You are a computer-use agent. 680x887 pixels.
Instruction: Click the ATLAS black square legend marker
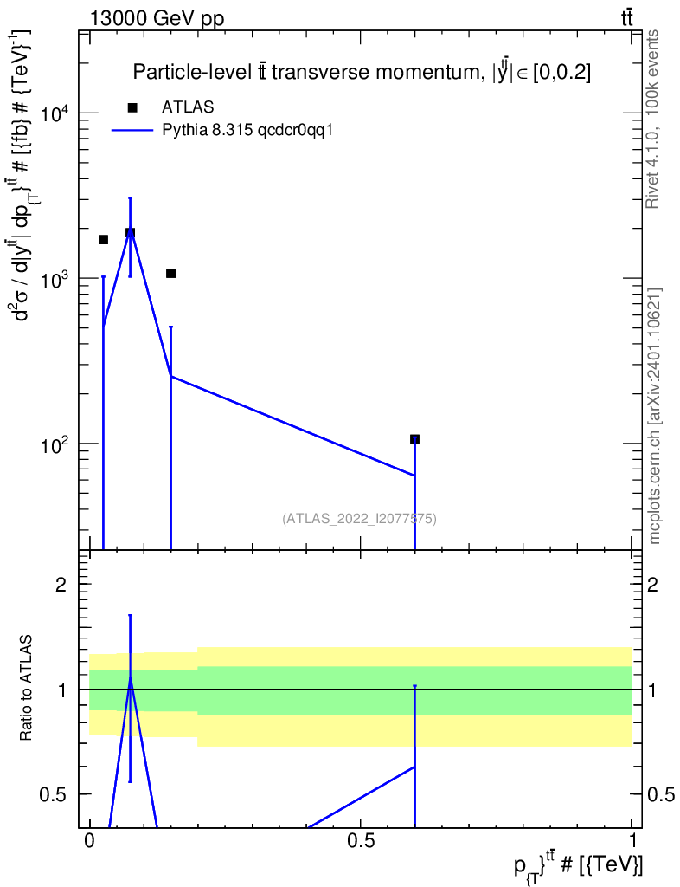[x=132, y=107]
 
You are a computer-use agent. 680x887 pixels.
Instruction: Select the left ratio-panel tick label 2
[x=61, y=585]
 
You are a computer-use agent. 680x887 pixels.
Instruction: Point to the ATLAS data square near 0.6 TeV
[x=414, y=439]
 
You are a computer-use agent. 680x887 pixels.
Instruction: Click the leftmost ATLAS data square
[x=103, y=240]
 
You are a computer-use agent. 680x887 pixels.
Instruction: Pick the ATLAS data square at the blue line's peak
[x=130, y=233]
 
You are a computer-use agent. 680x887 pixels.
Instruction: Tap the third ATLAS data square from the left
[x=170, y=274]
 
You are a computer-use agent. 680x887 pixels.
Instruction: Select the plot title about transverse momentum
[x=362, y=73]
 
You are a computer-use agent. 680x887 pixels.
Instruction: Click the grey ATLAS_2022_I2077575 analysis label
[x=359, y=519]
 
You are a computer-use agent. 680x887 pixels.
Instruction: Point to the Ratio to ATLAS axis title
[x=27, y=690]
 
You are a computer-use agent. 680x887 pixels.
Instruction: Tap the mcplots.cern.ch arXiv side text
[x=655, y=416]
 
